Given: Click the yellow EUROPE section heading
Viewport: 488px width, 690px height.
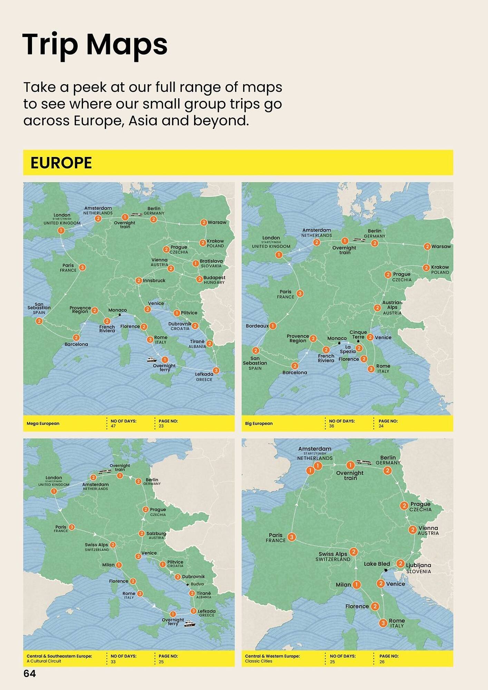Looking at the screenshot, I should tap(61, 163).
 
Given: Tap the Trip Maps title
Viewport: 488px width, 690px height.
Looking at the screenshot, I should tap(95, 44).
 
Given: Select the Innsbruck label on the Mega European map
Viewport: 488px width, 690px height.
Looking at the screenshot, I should tap(154, 280).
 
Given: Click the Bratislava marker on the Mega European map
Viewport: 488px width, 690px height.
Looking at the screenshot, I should tap(196, 264).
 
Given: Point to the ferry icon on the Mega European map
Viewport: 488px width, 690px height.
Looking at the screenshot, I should tap(152, 359).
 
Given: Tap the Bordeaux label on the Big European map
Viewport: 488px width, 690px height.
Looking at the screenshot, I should tap(257, 326).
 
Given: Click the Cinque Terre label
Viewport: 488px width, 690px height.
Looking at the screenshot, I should tap(358, 334).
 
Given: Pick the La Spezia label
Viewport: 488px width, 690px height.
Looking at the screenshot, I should tap(348, 349).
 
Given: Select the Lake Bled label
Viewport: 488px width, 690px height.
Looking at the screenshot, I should tap(377, 564).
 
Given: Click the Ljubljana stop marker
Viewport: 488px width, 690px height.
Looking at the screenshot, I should tap(400, 563).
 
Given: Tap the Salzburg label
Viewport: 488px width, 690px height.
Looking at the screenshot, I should tap(156, 533).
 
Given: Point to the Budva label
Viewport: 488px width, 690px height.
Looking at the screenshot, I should tap(197, 584).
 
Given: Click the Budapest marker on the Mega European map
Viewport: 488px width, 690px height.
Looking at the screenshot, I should tap(199, 279).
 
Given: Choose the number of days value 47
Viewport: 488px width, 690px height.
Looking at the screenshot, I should tap(113, 426).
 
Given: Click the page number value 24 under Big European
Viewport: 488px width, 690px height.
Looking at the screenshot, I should tap(381, 426).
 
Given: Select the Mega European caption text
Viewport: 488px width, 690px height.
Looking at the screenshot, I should tap(43, 423).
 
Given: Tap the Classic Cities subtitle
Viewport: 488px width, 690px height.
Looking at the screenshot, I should tap(258, 661).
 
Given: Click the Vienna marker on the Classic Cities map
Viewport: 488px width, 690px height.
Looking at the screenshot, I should tap(412, 530).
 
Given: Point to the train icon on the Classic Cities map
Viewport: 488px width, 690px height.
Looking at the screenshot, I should tap(364, 462).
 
